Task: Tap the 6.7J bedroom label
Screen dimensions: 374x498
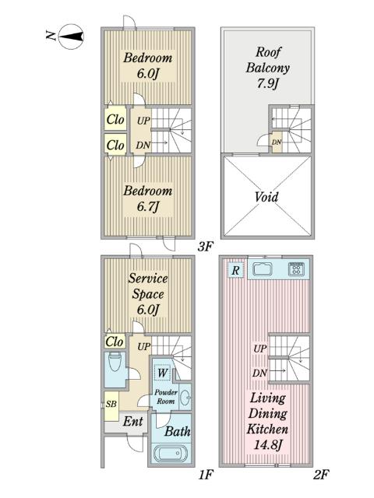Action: [148, 198]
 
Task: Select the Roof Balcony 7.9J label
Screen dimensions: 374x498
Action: [268, 68]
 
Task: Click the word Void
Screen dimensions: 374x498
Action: [266, 197]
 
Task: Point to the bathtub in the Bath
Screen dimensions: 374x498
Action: [171, 453]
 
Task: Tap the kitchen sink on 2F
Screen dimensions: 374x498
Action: [263, 269]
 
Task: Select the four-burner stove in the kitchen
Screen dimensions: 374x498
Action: [296, 268]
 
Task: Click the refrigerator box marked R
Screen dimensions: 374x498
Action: [235, 270]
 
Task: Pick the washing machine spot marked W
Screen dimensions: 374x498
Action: [163, 372]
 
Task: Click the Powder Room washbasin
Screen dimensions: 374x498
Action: [186, 396]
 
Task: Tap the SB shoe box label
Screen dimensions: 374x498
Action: [111, 404]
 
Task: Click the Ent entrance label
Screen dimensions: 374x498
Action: [133, 422]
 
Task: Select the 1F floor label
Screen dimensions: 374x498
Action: [206, 475]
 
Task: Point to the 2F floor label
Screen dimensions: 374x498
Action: [321, 475]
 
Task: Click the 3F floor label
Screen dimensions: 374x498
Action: [205, 247]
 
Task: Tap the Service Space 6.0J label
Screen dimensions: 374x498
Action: [148, 294]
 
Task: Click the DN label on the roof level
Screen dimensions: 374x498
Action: [277, 142]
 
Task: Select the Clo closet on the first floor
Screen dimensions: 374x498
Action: [115, 342]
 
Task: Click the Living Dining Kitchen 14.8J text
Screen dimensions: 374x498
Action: [268, 421]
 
